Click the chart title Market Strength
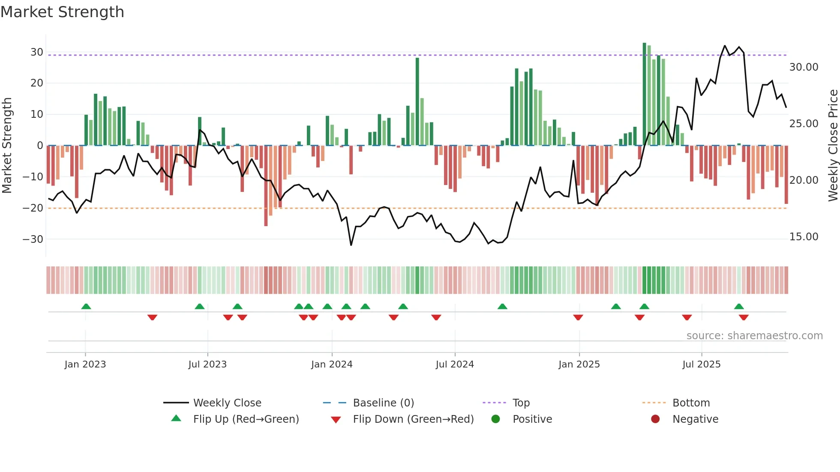pyautogui.click(x=62, y=12)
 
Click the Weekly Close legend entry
pyautogui.click(x=227, y=403)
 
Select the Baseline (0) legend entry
pyautogui.click(x=383, y=403)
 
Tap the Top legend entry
pyautogui.click(x=521, y=403)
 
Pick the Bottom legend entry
pyautogui.click(x=691, y=403)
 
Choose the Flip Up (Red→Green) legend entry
pyautogui.click(x=246, y=419)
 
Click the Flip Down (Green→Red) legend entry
pyautogui.click(x=413, y=419)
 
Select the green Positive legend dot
pyautogui.click(x=496, y=419)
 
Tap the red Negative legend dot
pyautogui.click(x=655, y=419)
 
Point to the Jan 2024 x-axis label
pyautogui.click(x=332, y=364)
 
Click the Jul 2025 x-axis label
pyautogui.click(x=702, y=364)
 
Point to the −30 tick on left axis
pyautogui.click(x=33, y=239)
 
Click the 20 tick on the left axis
pyautogui.click(x=37, y=83)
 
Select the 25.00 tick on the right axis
pyautogui.click(x=804, y=124)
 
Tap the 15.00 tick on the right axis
pyautogui.click(x=804, y=237)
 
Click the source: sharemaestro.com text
pyautogui.click(x=754, y=336)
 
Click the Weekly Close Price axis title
pyautogui.click(x=833, y=146)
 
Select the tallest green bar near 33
pyautogui.click(x=645, y=94)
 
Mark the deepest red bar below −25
pyautogui.click(x=266, y=186)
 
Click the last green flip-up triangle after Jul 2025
pyautogui.click(x=739, y=307)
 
